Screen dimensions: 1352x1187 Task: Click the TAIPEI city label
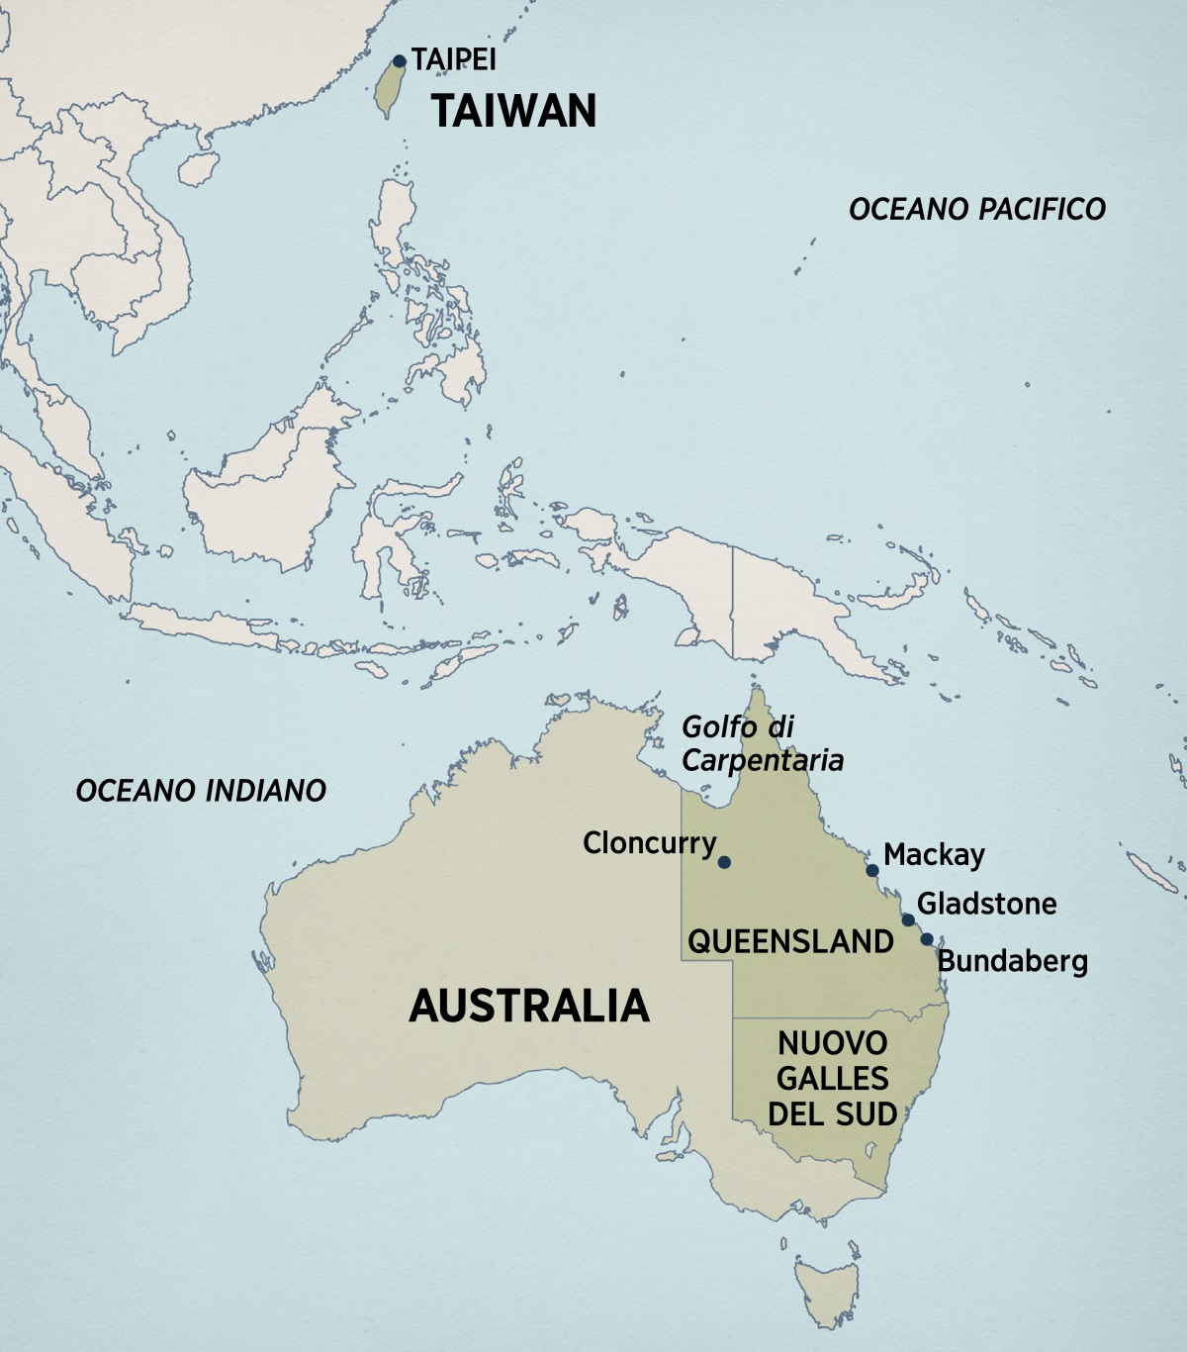[454, 59]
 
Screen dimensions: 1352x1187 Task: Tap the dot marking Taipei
[400, 61]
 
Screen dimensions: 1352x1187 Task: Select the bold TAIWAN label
[514, 110]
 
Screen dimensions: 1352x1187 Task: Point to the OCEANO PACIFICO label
[977, 209]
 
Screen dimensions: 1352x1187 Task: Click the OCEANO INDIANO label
[201, 790]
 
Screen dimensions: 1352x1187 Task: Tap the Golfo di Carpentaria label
[762, 743]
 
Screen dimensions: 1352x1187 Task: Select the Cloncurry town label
[649, 843]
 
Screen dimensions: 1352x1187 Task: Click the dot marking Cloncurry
[724, 862]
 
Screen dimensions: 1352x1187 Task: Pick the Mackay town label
[934, 854]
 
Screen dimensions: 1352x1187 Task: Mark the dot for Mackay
[872, 871]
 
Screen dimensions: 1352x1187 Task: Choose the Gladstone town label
[986, 903]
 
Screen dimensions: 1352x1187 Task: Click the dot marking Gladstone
[908, 920]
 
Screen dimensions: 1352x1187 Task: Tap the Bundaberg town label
[1012, 960]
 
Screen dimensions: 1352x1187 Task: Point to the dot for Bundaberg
[927, 939]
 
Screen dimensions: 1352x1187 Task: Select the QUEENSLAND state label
[790, 941]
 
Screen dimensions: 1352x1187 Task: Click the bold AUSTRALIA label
[529, 1006]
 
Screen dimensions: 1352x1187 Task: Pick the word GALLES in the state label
[832, 1078]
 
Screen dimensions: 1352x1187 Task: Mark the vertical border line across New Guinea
[732, 604]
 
